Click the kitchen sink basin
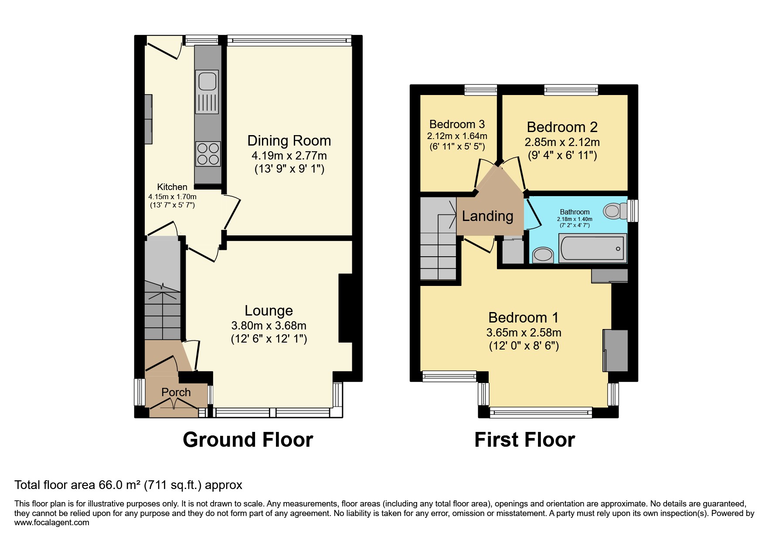pyautogui.click(x=207, y=81)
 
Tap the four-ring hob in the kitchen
pyautogui.click(x=208, y=154)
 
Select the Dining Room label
pyautogui.click(x=289, y=141)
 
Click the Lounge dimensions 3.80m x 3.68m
pyautogui.click(x=269, y=326)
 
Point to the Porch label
pyautogui.click(x=176, y=392)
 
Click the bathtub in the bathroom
pyautogui.click(x=592, y=248)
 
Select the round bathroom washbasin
pyautogui.click(x=543, y=255)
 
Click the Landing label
pyautogui.click(x=487, y=216)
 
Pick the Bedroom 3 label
pyautogui.click(x=457, y=124)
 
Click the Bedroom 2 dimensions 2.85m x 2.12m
pyautogui.click(x=562, y=142)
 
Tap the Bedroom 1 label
pyautogui.click(x=523, y=317)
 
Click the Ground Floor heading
pyautogui.click(x=248, y=440)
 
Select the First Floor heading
pyautogui.click(x=524, y=440)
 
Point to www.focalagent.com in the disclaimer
pyautogui.click(x=51, y=523)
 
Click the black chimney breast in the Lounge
pyautogui.click(x=345, y=308)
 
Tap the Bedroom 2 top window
pyautogui.click(x=571, y=90)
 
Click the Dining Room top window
pyautogui.click(x=289, y=41)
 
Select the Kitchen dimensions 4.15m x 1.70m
pyautogui.click(x=172, y=197)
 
